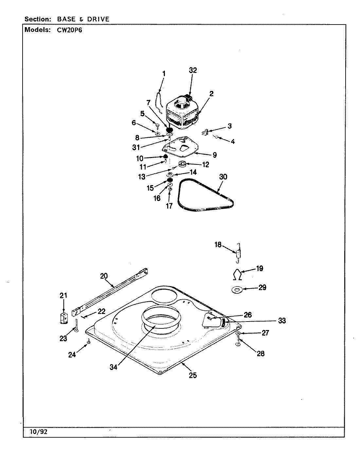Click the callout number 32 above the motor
[193, 70]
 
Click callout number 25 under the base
[193, 375]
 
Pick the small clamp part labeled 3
[205, 132]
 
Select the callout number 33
[281, 321]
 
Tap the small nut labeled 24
[88, 342]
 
